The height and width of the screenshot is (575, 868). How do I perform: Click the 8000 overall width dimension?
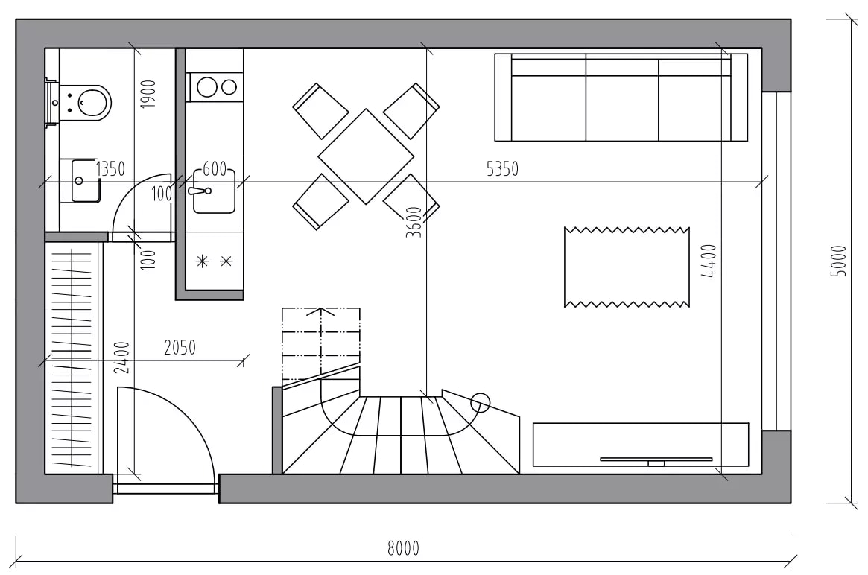tap(403, 548)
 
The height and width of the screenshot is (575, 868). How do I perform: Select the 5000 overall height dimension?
tap(839, 261)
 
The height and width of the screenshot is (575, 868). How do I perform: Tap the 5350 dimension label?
tap(502, 169)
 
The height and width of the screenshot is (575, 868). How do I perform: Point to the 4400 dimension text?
tap(709, 261)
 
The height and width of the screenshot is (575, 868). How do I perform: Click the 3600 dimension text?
tap(414, 222)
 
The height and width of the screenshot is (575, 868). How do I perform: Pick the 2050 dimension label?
tap(180, 348)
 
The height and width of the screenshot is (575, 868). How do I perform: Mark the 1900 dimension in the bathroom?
tap(148, 94)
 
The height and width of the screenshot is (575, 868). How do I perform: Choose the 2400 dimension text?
tap(121, 358)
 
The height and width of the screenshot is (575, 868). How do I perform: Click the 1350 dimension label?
tap(110, 169)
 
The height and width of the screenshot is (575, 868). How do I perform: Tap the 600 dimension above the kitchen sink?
tap(215, 168)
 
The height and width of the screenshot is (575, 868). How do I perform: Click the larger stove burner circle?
tap(207, 87)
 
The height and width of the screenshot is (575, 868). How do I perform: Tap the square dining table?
tap(366, 156)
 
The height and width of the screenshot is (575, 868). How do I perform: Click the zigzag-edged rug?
tap(627, 267)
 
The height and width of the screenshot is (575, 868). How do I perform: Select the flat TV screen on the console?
tap(656, 460)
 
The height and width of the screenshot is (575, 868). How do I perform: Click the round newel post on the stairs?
tap(480, 404)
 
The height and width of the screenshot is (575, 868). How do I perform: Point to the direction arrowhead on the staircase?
tap(320, 311)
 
